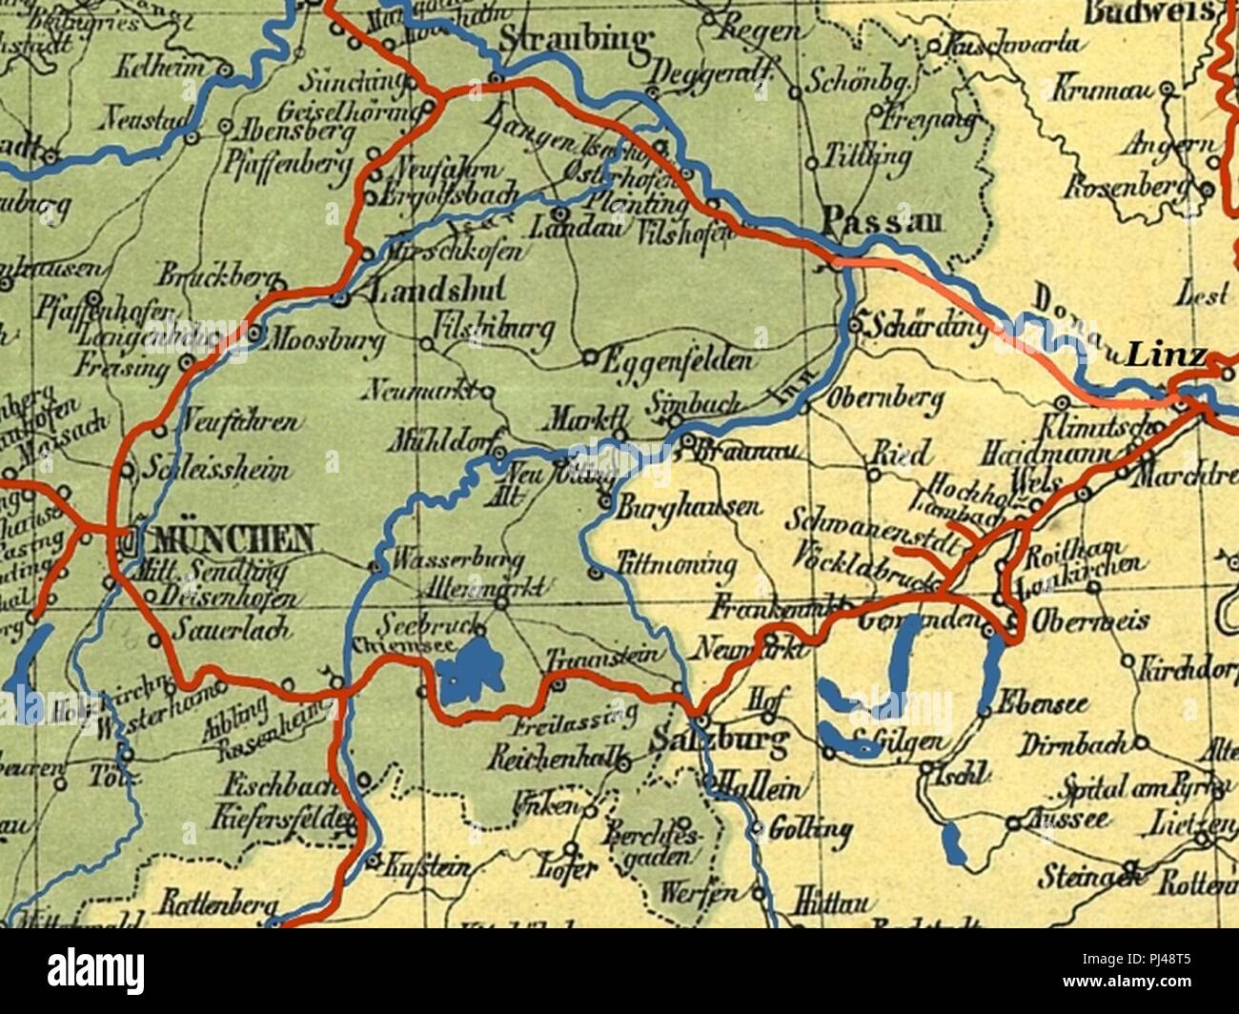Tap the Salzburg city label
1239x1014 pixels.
tap(721, 740)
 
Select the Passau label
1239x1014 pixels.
tap(881, 221)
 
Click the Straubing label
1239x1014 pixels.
tap(575, 40)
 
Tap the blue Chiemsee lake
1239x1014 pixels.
tap(470, 668)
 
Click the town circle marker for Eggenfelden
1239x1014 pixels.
tap(589, 358)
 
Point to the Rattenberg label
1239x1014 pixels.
tap(218, 902)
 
